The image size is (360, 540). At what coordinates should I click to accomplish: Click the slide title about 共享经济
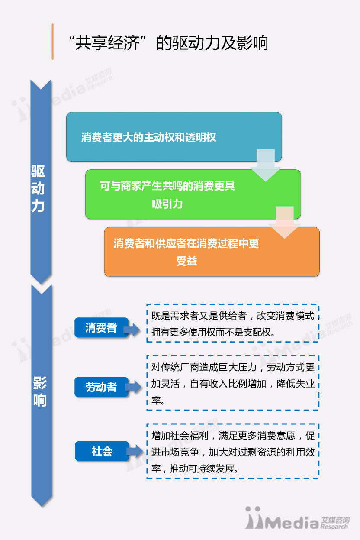168,42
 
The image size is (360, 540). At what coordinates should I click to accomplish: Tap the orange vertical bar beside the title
52,42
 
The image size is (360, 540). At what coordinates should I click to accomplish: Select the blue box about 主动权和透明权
174,137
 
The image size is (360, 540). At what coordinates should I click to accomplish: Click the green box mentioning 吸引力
193,194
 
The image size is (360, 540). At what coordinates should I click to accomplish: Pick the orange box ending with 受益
212,252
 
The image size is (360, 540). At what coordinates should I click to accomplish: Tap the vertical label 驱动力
38,189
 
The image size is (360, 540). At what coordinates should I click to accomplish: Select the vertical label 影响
39,391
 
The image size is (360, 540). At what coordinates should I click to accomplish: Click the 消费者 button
101,327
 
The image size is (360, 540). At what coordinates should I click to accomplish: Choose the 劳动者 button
101,387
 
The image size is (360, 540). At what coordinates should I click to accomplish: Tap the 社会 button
102,451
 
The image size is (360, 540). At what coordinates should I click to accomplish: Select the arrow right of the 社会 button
135,451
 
